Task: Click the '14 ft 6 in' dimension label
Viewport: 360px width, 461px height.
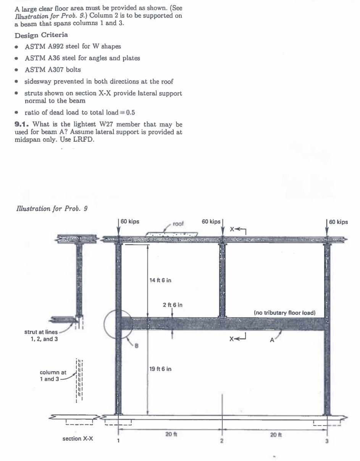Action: click(x=160, y=280)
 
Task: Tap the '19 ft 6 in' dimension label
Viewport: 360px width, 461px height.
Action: click(x=160, y=369)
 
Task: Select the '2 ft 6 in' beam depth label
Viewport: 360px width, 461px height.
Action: click(x=173, y=305)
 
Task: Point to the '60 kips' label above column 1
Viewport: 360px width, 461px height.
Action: click(x=130, y=222)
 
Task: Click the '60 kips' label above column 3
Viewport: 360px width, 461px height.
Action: click(x=338, y=222)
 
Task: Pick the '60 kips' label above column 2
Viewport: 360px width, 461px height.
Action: click(x=211, y=222)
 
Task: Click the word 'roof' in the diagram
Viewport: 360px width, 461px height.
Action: click(x=178, y=224)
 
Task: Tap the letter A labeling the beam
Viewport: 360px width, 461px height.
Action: click(x=272, y=340)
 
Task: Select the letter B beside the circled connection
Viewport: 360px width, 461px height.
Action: click(x=136, y=346)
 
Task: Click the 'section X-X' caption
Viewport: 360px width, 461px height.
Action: click(x=77, y=439)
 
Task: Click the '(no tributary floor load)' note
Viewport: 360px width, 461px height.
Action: click(x=285, y=313)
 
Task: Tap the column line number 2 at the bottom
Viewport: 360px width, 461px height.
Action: click(x=222, y=441)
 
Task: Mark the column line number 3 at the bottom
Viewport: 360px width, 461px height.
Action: click(x=327, y=441)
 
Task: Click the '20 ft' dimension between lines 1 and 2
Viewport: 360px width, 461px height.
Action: click(x=170, y=434)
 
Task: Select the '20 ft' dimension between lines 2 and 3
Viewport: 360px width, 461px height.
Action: click(x=274, y=434)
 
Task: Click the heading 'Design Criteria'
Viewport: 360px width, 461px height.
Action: click(x=41, y=35)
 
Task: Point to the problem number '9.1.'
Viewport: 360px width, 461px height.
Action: click(x=22, y=125)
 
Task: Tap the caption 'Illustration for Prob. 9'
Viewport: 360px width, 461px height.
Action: click(x=52, y=209)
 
